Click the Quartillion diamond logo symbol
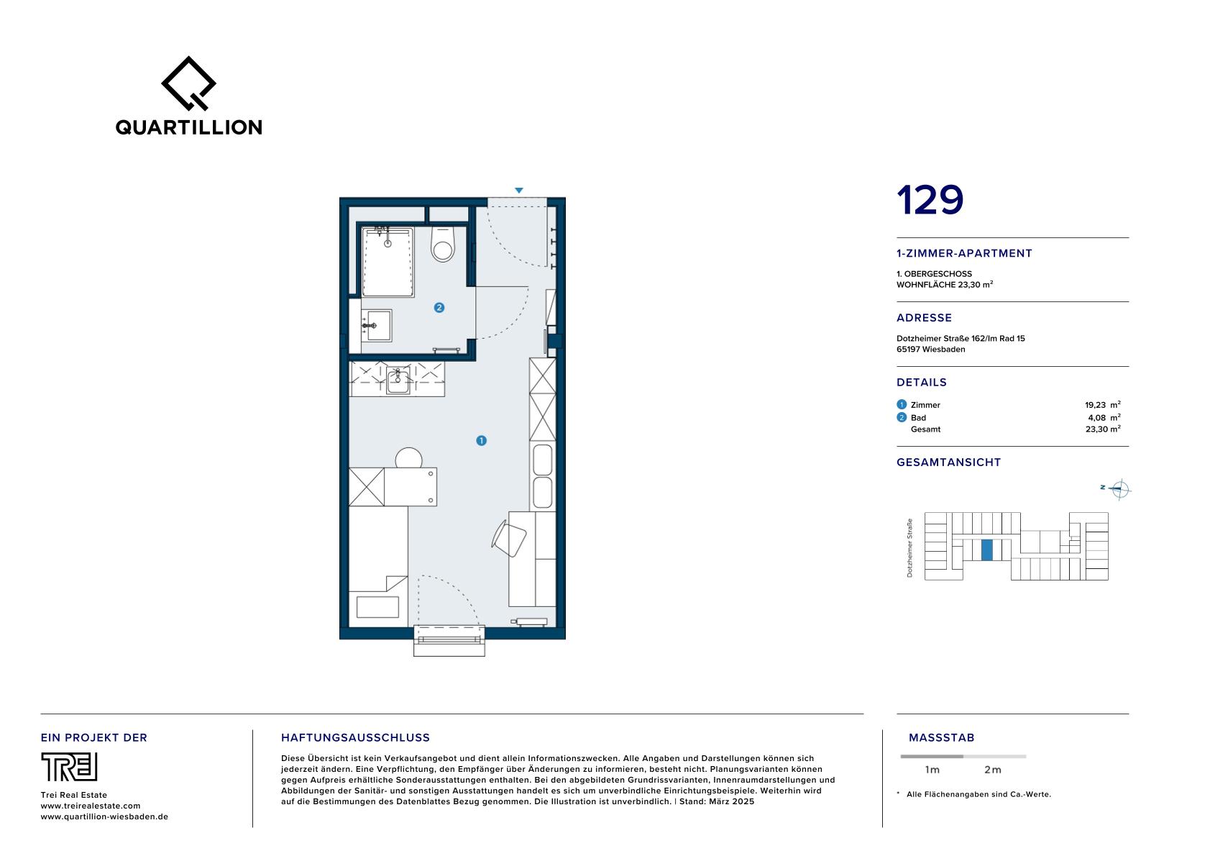point(188,83)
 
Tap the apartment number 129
point(930,200)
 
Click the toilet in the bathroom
point(443,244)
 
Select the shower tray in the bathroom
point(388,262)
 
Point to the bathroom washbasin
point(377,325)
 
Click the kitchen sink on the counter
point(398,381)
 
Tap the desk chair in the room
point(509,538)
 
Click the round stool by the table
point(408,457)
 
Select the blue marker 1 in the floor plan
point(481,441)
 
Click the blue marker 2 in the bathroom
point(439,307)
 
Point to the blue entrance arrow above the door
point(519,190)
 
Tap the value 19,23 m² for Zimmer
point(1102,405)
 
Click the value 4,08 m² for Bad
point(1104,417)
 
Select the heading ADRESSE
point(925,318)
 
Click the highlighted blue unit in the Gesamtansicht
point(987,550)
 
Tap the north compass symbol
point(1120,489)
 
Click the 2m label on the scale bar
point(993,770)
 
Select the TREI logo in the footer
point(69,767)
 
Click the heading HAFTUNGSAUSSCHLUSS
point(355,737)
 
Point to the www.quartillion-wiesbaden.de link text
point(104,816)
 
